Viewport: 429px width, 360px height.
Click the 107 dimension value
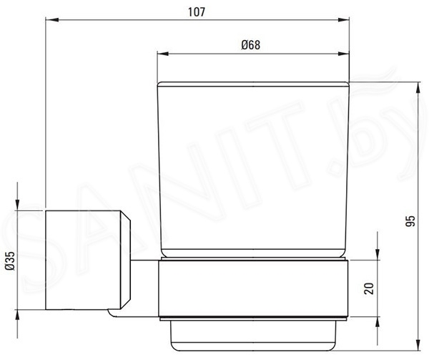197,12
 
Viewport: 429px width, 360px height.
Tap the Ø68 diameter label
251,45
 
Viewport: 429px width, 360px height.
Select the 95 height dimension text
410,221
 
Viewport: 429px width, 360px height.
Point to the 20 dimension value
369,288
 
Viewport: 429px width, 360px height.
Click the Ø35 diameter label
11,261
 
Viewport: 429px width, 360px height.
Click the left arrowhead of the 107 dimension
51,20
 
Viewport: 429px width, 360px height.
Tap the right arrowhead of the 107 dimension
343,20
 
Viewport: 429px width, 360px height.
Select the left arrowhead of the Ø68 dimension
163,54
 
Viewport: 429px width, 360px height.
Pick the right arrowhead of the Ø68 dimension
343,54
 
